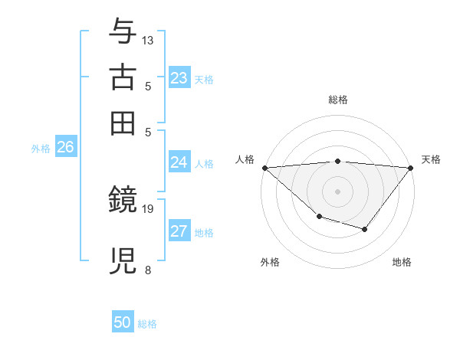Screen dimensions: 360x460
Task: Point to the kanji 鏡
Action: pyautogui.click(x=123, y=201)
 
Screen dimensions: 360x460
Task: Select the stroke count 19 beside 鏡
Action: pyautogui.click(x=149, y=208)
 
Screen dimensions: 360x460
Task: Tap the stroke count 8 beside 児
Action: pyautogui.click(x=147, y=270)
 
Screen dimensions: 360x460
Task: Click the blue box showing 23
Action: pyautogui.click(x=179, y=78)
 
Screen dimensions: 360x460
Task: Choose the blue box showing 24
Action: pyautogui.click(x=179, y=162)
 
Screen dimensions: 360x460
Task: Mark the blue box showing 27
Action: pyautogui.click(x=179, y=232)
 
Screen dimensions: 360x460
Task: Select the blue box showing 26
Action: pyautogui.click(x=65, y=148)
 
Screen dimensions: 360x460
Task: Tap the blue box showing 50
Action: pyautogui.click(x=123, y=322)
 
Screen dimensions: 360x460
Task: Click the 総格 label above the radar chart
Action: pyautogui.click(x=337, y=100)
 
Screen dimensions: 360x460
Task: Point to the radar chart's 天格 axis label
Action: pyautogui.click(x=431, y=159)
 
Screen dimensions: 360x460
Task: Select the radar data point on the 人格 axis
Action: pyautogui.click(x=264, y=168)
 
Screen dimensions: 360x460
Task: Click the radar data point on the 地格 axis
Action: pyautogui.click(x=365, y=229)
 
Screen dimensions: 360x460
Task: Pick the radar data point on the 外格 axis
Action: pyautogui.click(x=319, y=217)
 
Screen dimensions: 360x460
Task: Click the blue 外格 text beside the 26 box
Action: pyautogui.click(x=41, y=149)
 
